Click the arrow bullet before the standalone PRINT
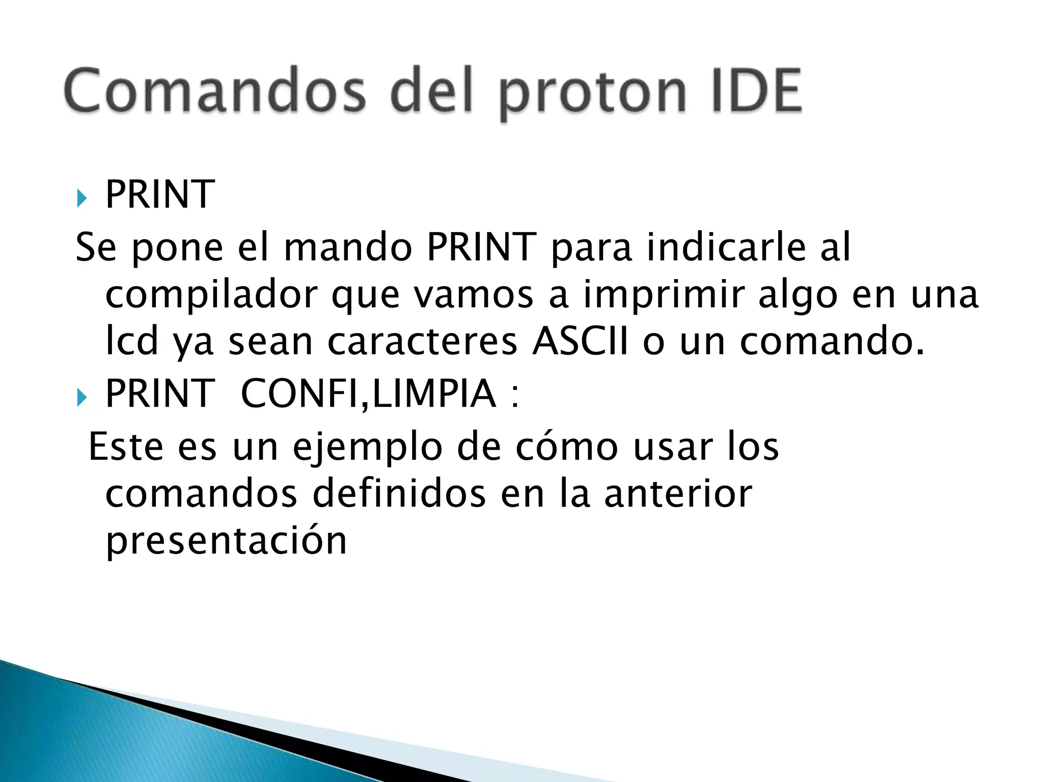tap(82, 197)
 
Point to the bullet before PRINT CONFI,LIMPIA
tap(82, 396)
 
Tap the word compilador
tap(211, 296)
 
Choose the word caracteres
tap(423, 342)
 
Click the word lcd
tap(131, 342)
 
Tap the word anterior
tap(678, 494)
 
